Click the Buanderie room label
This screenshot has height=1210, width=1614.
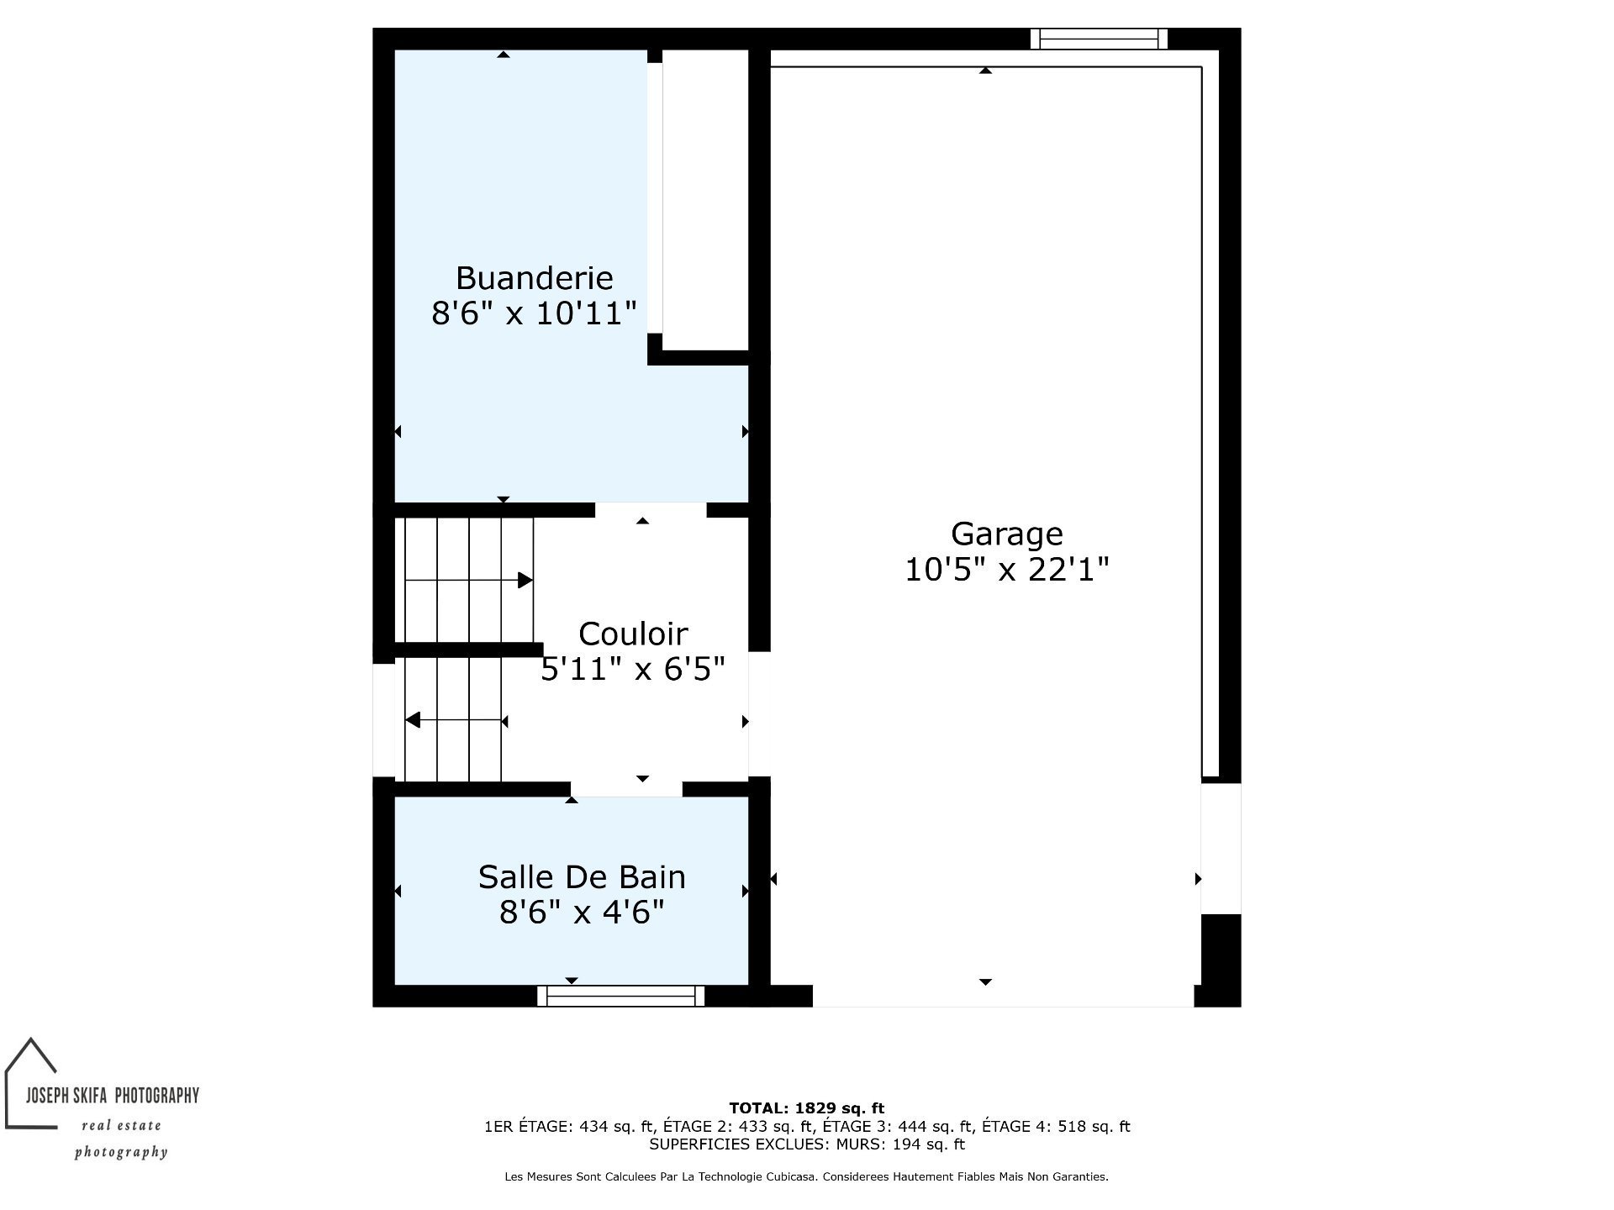[x=534, y=277]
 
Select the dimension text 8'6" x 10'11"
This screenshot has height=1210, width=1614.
[x=534, y=313]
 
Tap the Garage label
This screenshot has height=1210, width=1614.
[x=1006, y=534]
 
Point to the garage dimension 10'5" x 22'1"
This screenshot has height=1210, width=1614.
[x=1006, y=571]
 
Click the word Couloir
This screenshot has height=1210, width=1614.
[x=633, y=634]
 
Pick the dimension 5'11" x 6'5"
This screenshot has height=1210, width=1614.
[x=633, y=670]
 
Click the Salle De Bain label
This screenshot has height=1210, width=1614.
[x=582, y=877]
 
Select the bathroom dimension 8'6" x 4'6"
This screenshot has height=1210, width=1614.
[x=582, y=913]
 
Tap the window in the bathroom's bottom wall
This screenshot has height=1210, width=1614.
[x=621, y=996]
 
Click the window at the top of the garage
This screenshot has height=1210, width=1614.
[x=1100, y=39]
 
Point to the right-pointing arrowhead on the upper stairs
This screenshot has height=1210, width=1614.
[x=525, y=580]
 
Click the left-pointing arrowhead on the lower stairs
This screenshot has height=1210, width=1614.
[x=413, y=720]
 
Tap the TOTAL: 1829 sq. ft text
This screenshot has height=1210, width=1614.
[x=806, y=1108]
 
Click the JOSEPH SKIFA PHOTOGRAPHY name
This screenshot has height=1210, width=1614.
[x=113, y=1095]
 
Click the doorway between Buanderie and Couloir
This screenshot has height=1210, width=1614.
[x=651, y=510]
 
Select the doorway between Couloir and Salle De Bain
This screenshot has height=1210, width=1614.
[x=626, y=789]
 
